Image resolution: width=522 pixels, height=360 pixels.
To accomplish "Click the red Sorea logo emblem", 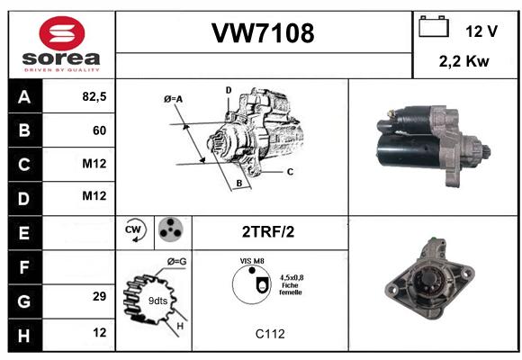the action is pos(62,33).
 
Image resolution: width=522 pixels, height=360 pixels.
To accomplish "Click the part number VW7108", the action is pos(263,33).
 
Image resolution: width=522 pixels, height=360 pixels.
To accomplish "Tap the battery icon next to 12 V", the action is pos(434,26).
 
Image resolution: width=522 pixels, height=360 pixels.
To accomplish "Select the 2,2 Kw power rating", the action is pos(464,61).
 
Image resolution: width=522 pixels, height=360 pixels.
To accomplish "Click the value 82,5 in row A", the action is pos(94,96).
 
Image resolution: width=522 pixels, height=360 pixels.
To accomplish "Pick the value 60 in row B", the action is pos(100,130).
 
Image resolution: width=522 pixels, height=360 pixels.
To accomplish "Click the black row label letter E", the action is pos(24,233).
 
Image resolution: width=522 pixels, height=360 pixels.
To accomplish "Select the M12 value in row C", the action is pos(94,164).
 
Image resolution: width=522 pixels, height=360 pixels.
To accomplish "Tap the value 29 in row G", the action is pos(100,296).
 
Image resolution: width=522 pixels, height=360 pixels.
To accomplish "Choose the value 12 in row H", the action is pos(100,332).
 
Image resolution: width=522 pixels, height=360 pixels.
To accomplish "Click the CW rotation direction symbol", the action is pos(135,230).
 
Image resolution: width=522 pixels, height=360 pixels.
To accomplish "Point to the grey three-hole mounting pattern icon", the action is pos(171,229).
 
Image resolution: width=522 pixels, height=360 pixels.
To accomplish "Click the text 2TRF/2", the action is pos(268,232).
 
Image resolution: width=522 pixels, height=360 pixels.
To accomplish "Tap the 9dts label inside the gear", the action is pos(157,301).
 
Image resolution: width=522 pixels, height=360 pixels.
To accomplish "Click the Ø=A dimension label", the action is pos(173,99).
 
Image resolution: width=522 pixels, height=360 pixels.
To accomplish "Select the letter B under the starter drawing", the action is pos(239,183).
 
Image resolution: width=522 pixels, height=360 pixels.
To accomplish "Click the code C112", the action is pos(270,334).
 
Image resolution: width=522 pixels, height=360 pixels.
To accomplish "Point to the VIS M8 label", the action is pos(252,261).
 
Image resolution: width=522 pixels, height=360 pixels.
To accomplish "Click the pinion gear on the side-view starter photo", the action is pos(486,152).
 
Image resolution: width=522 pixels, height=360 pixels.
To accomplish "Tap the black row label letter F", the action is pos(24,267).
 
